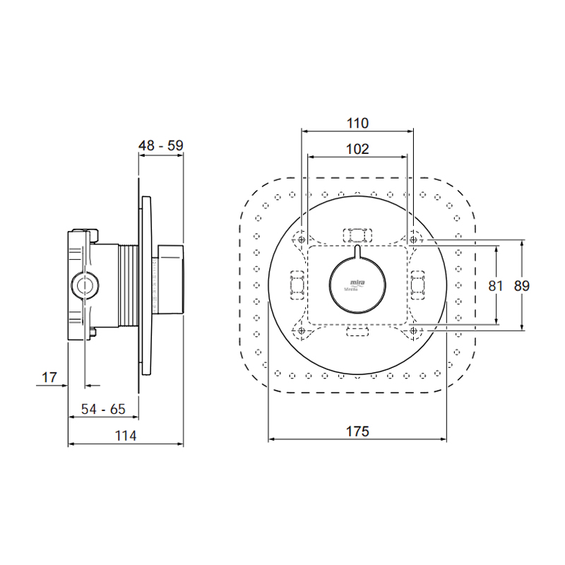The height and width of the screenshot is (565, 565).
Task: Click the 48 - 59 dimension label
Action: point(161,145)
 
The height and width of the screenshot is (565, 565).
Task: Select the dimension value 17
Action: point(49,378)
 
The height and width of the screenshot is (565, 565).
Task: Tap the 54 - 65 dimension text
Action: point(103,409)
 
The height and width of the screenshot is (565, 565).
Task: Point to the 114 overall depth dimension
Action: point(125,436)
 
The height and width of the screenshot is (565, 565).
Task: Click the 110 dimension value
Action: point(357,123)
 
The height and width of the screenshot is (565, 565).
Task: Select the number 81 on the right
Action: point(495,286)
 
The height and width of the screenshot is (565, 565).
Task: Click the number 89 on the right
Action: point(522,286)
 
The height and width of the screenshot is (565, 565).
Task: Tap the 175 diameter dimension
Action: point(357,431)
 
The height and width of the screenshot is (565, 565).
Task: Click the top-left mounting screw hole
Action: point(302,239)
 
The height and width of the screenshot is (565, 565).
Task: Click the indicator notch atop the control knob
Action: point(357,252)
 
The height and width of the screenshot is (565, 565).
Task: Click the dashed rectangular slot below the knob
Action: point(357,331)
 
